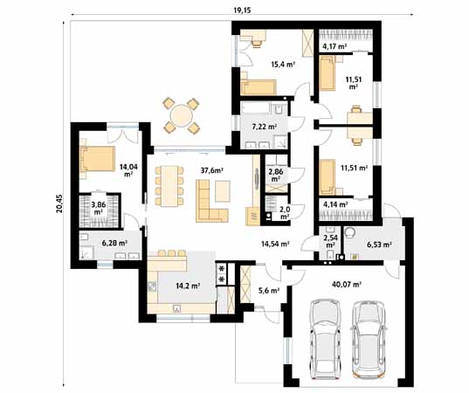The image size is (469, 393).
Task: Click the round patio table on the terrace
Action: click(x=181, y=114)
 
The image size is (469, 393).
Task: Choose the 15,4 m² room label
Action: click(x=281, y=64)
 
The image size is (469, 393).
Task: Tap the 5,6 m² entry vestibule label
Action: click(x=269, y=290)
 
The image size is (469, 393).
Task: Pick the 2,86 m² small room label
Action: click(x=276, y=175)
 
